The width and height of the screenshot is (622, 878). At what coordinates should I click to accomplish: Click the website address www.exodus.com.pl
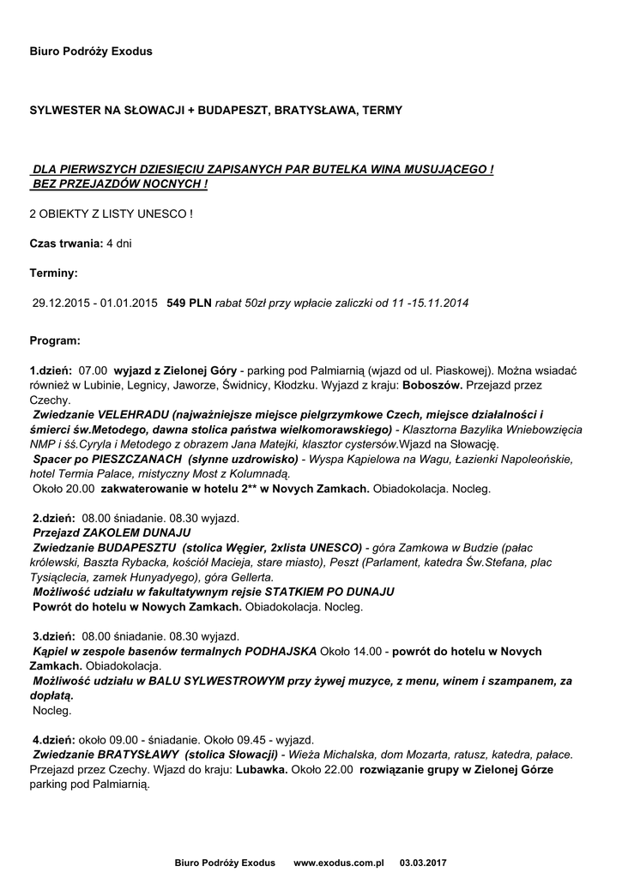tap(339, 862)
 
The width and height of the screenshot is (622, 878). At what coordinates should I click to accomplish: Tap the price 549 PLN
tap(189, 303)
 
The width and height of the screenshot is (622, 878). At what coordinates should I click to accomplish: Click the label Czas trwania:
tap(66, 244)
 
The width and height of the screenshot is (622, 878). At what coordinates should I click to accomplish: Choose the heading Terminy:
tap(53, 273)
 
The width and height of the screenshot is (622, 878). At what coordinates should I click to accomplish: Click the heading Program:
tap(55, 340)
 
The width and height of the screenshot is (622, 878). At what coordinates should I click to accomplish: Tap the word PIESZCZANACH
tap(129, 459)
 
